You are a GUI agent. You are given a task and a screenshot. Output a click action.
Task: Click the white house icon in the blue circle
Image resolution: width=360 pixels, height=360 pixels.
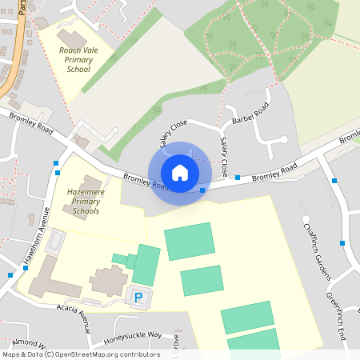[180, 173]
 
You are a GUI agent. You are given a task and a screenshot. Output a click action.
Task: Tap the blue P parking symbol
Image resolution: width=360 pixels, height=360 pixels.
[138, 298]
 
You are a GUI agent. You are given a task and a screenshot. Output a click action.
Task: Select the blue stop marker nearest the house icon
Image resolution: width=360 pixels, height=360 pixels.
[202, 190]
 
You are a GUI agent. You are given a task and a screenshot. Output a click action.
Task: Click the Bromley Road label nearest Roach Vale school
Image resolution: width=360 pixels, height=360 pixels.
[32, 122]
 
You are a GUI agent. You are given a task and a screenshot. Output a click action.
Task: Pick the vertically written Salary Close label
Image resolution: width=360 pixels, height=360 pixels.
[225, 158]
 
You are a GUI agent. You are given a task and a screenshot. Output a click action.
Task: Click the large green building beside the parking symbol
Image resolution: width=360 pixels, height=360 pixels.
[146, 265]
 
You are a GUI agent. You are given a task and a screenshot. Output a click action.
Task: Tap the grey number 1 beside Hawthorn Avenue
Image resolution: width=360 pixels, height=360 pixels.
[30, 218]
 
